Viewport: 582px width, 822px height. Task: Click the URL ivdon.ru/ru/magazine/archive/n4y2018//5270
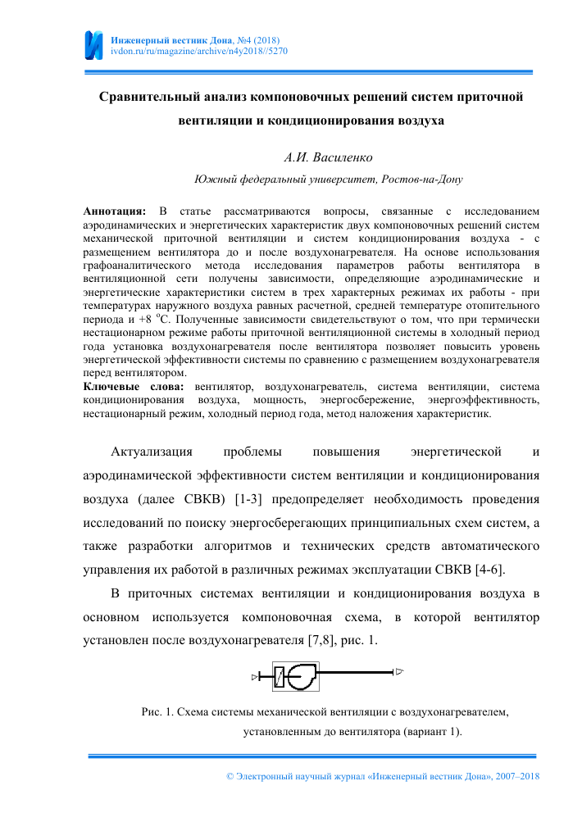(x=198, y=51)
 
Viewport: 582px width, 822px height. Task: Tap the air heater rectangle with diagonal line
(x=280, y=676)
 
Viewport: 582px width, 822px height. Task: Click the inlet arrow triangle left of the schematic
(x=255, y=677)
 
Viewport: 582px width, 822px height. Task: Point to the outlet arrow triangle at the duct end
(x=399, y=673)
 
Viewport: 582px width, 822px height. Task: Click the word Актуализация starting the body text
(x=152, y=451)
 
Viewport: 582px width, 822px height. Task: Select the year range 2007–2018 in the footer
(x=515, y=775)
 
